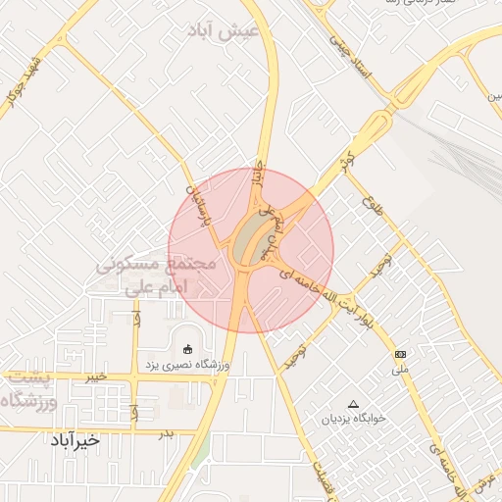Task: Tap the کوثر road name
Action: tap(344, 157)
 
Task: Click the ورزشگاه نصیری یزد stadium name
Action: tap(188, 365)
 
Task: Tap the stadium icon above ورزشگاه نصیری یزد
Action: tap(188, 348)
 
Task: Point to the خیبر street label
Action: tap(95, 376)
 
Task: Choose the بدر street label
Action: tap(166, 432)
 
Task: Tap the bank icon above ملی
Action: tap(400, 353)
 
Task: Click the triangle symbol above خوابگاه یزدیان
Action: tap(354, 403)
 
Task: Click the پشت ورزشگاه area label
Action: tap(29, 388)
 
